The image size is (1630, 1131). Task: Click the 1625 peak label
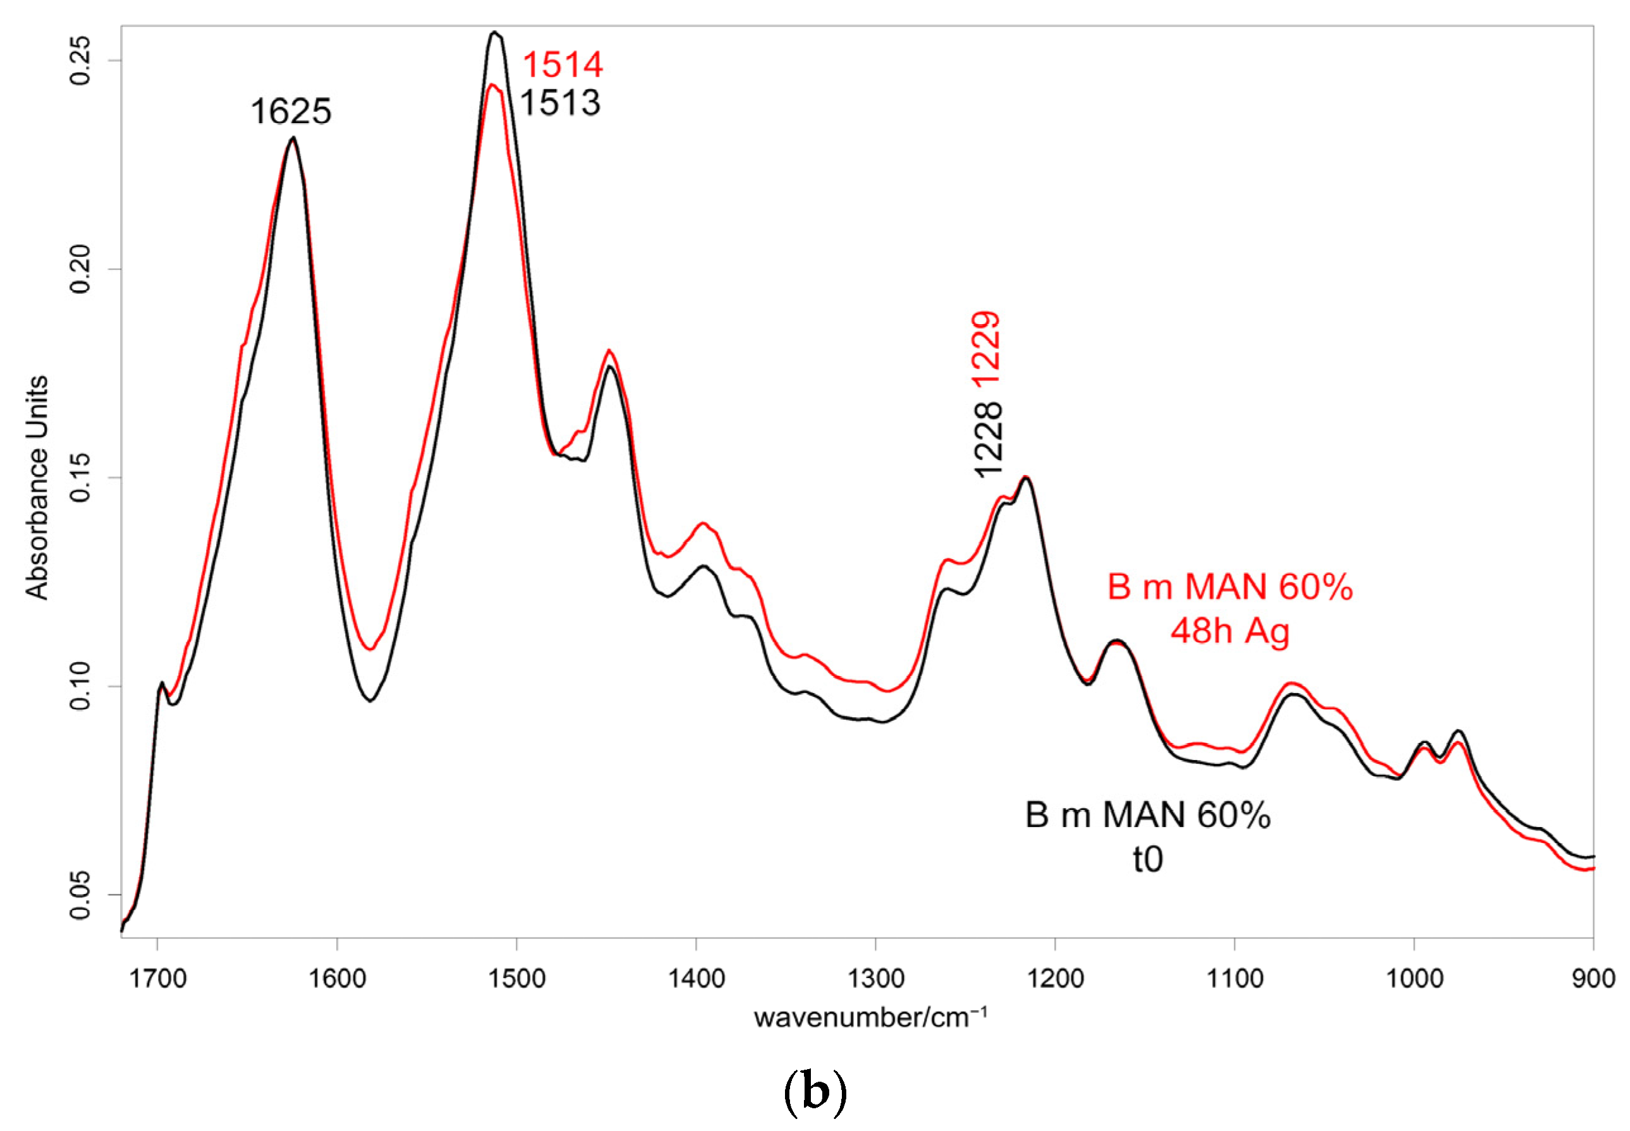click(x=291, y=112)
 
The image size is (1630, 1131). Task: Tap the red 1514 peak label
click(x=563, y=65)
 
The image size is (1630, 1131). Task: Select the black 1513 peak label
click(x=560, y=104)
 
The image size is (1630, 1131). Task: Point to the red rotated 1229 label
click(x=987, y=349)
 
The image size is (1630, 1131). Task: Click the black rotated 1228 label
click(x=988, y=439)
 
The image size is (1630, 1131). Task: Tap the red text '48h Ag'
click(x=1229, y=631)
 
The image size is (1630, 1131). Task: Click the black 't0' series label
click(x=1147, y=859)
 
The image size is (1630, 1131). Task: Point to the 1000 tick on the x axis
click(x=1414, y=979)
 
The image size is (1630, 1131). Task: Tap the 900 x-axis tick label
click(x=1593, y=979)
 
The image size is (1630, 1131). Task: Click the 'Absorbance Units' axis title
click(x=37, y=488)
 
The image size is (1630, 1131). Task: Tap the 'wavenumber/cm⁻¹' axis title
click(x=870, y=1019)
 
